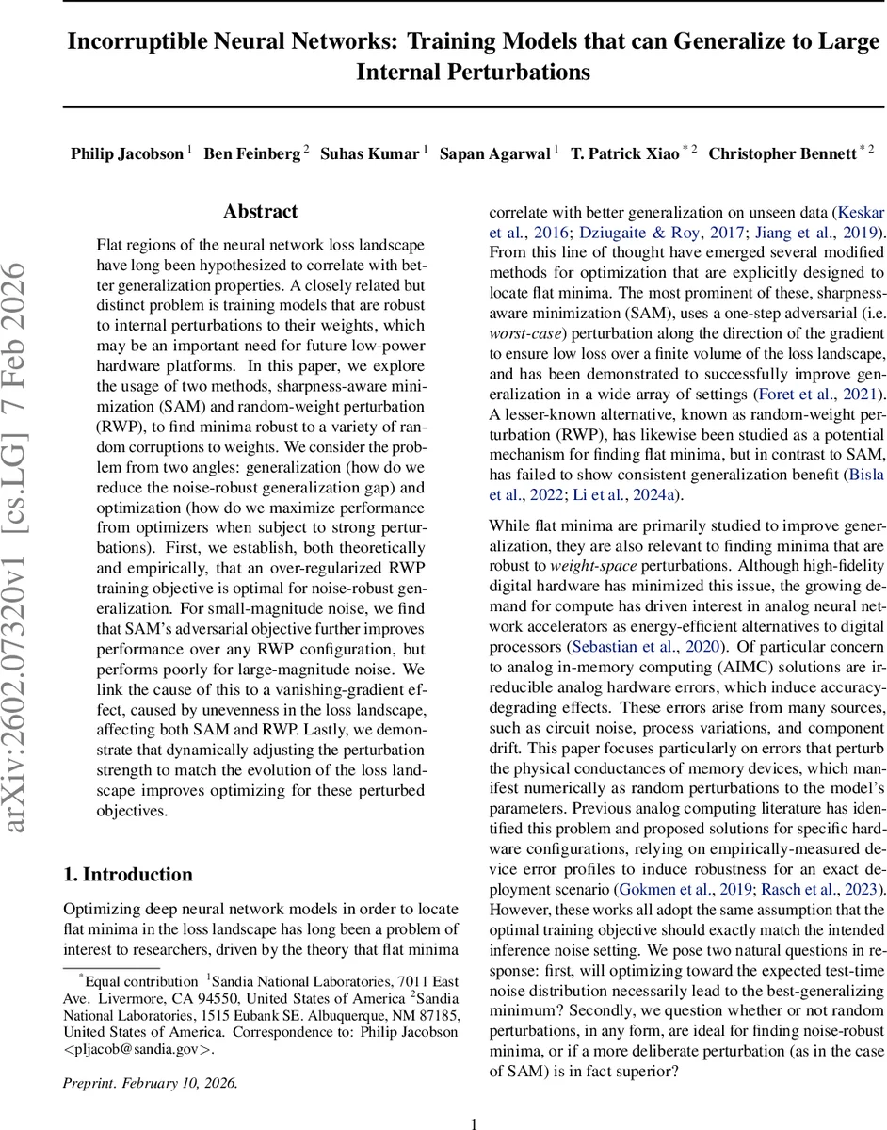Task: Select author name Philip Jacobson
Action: pos(127,153)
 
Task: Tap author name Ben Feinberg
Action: pos(251,153)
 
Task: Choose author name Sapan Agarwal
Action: pos(495,153)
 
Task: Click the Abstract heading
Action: pos(261,212)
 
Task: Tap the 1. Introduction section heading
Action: pos(128,875)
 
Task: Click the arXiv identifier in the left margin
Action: pos(27,546)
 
